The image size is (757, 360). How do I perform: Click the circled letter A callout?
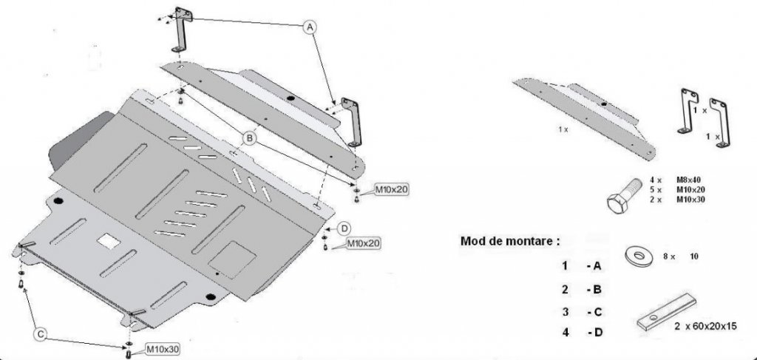(x=311, y=27)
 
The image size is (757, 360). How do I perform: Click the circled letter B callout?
(x=250, y=137)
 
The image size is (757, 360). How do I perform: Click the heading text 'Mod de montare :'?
(x=510, y=240)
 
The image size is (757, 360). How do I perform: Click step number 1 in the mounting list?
(x=565, y=265)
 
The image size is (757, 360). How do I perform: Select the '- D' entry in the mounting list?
(x=594, y=333)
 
